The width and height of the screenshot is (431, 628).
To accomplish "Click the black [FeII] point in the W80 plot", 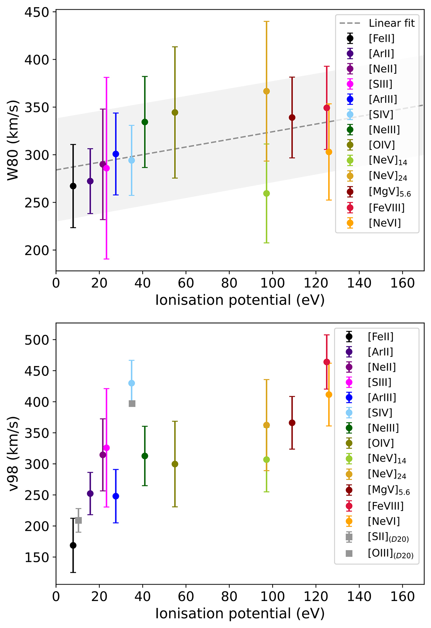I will click(73, 186).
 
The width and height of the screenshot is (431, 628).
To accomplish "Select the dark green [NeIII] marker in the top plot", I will click(145, 122).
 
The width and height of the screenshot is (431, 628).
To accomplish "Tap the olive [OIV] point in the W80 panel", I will click(175, 112).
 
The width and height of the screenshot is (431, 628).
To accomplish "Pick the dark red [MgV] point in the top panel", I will click(292, 117).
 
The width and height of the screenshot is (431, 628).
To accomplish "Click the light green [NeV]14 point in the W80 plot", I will click(267, 193).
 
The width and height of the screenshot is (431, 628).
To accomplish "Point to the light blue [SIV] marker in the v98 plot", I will click(132, 383).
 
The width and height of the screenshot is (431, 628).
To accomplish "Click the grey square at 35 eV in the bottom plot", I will click(132, 404).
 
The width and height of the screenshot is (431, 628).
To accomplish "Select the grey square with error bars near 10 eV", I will click(78, 520).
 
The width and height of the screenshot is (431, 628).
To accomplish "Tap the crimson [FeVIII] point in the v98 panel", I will click(327, 362).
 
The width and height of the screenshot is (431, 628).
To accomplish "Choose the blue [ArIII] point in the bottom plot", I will click(116, 496).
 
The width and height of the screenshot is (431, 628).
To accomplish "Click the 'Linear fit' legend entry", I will click(391, 23).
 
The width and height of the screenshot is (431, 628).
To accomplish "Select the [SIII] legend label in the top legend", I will click(380, 84).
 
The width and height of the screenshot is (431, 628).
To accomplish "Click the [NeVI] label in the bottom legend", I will click(384, 521).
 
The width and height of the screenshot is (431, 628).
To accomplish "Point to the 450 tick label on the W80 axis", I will click(37, 12).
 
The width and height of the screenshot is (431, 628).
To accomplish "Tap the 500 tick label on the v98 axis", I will click(37, 340).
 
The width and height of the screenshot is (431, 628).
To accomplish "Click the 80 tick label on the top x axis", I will click(229, 283).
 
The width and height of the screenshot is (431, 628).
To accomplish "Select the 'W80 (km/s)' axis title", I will click(13, 140).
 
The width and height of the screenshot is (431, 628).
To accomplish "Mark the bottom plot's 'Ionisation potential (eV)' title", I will click(240, 613).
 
